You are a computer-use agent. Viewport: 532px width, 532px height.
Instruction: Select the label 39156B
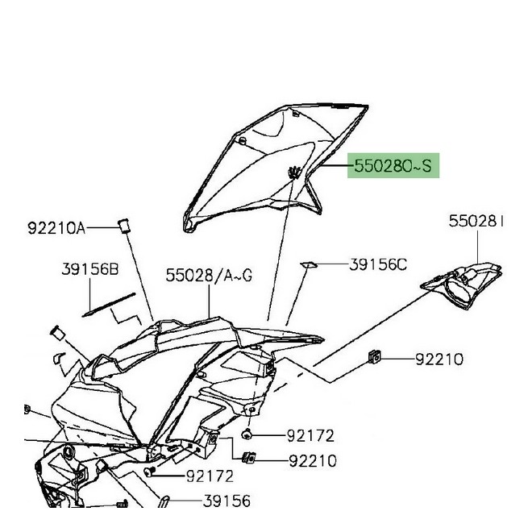point(91,268)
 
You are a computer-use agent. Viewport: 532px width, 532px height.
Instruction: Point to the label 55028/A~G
point(210,276)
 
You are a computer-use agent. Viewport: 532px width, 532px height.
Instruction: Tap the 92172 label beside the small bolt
point(210,476)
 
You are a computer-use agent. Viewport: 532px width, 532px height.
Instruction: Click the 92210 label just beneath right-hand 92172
point(312,461)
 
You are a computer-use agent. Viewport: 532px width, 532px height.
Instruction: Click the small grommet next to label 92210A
point(126,224)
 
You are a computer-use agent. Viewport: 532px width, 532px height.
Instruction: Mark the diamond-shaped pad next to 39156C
point(309,263)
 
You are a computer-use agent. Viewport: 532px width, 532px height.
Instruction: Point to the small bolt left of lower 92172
point(150,472)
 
